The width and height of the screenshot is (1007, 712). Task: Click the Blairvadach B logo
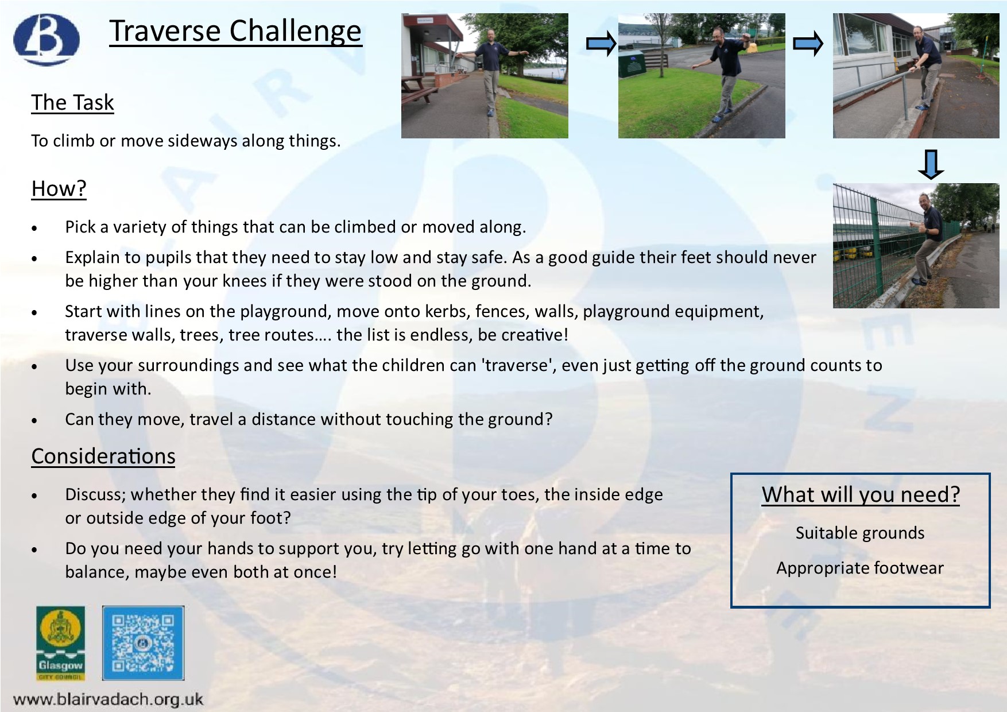click(47, 40)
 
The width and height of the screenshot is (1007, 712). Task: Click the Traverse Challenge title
click(235, 31)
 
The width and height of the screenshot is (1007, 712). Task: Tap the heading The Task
click(72, 102)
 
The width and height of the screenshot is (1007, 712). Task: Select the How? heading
click(59, 188)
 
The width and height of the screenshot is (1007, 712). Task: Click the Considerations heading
click(103, 456)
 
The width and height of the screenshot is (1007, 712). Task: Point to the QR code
click(143, 643)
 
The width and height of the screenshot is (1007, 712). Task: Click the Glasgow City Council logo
click(60, 643)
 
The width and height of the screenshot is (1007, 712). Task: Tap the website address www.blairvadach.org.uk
click(108, 699)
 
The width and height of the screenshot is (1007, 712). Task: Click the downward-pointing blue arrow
click(931, 165)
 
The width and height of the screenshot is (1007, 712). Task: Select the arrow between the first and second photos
click(601, 44)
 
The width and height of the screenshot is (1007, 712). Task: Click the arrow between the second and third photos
click(808, 44)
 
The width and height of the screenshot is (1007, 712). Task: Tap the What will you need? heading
click(861, 494)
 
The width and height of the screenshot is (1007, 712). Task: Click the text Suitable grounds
click(860, 533)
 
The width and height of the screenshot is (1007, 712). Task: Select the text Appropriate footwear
click(860, 568)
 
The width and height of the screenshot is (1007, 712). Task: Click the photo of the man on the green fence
click(916, 246)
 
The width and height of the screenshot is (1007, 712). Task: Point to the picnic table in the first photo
click(419, 90)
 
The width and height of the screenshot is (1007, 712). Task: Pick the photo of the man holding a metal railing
click(916, 76)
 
